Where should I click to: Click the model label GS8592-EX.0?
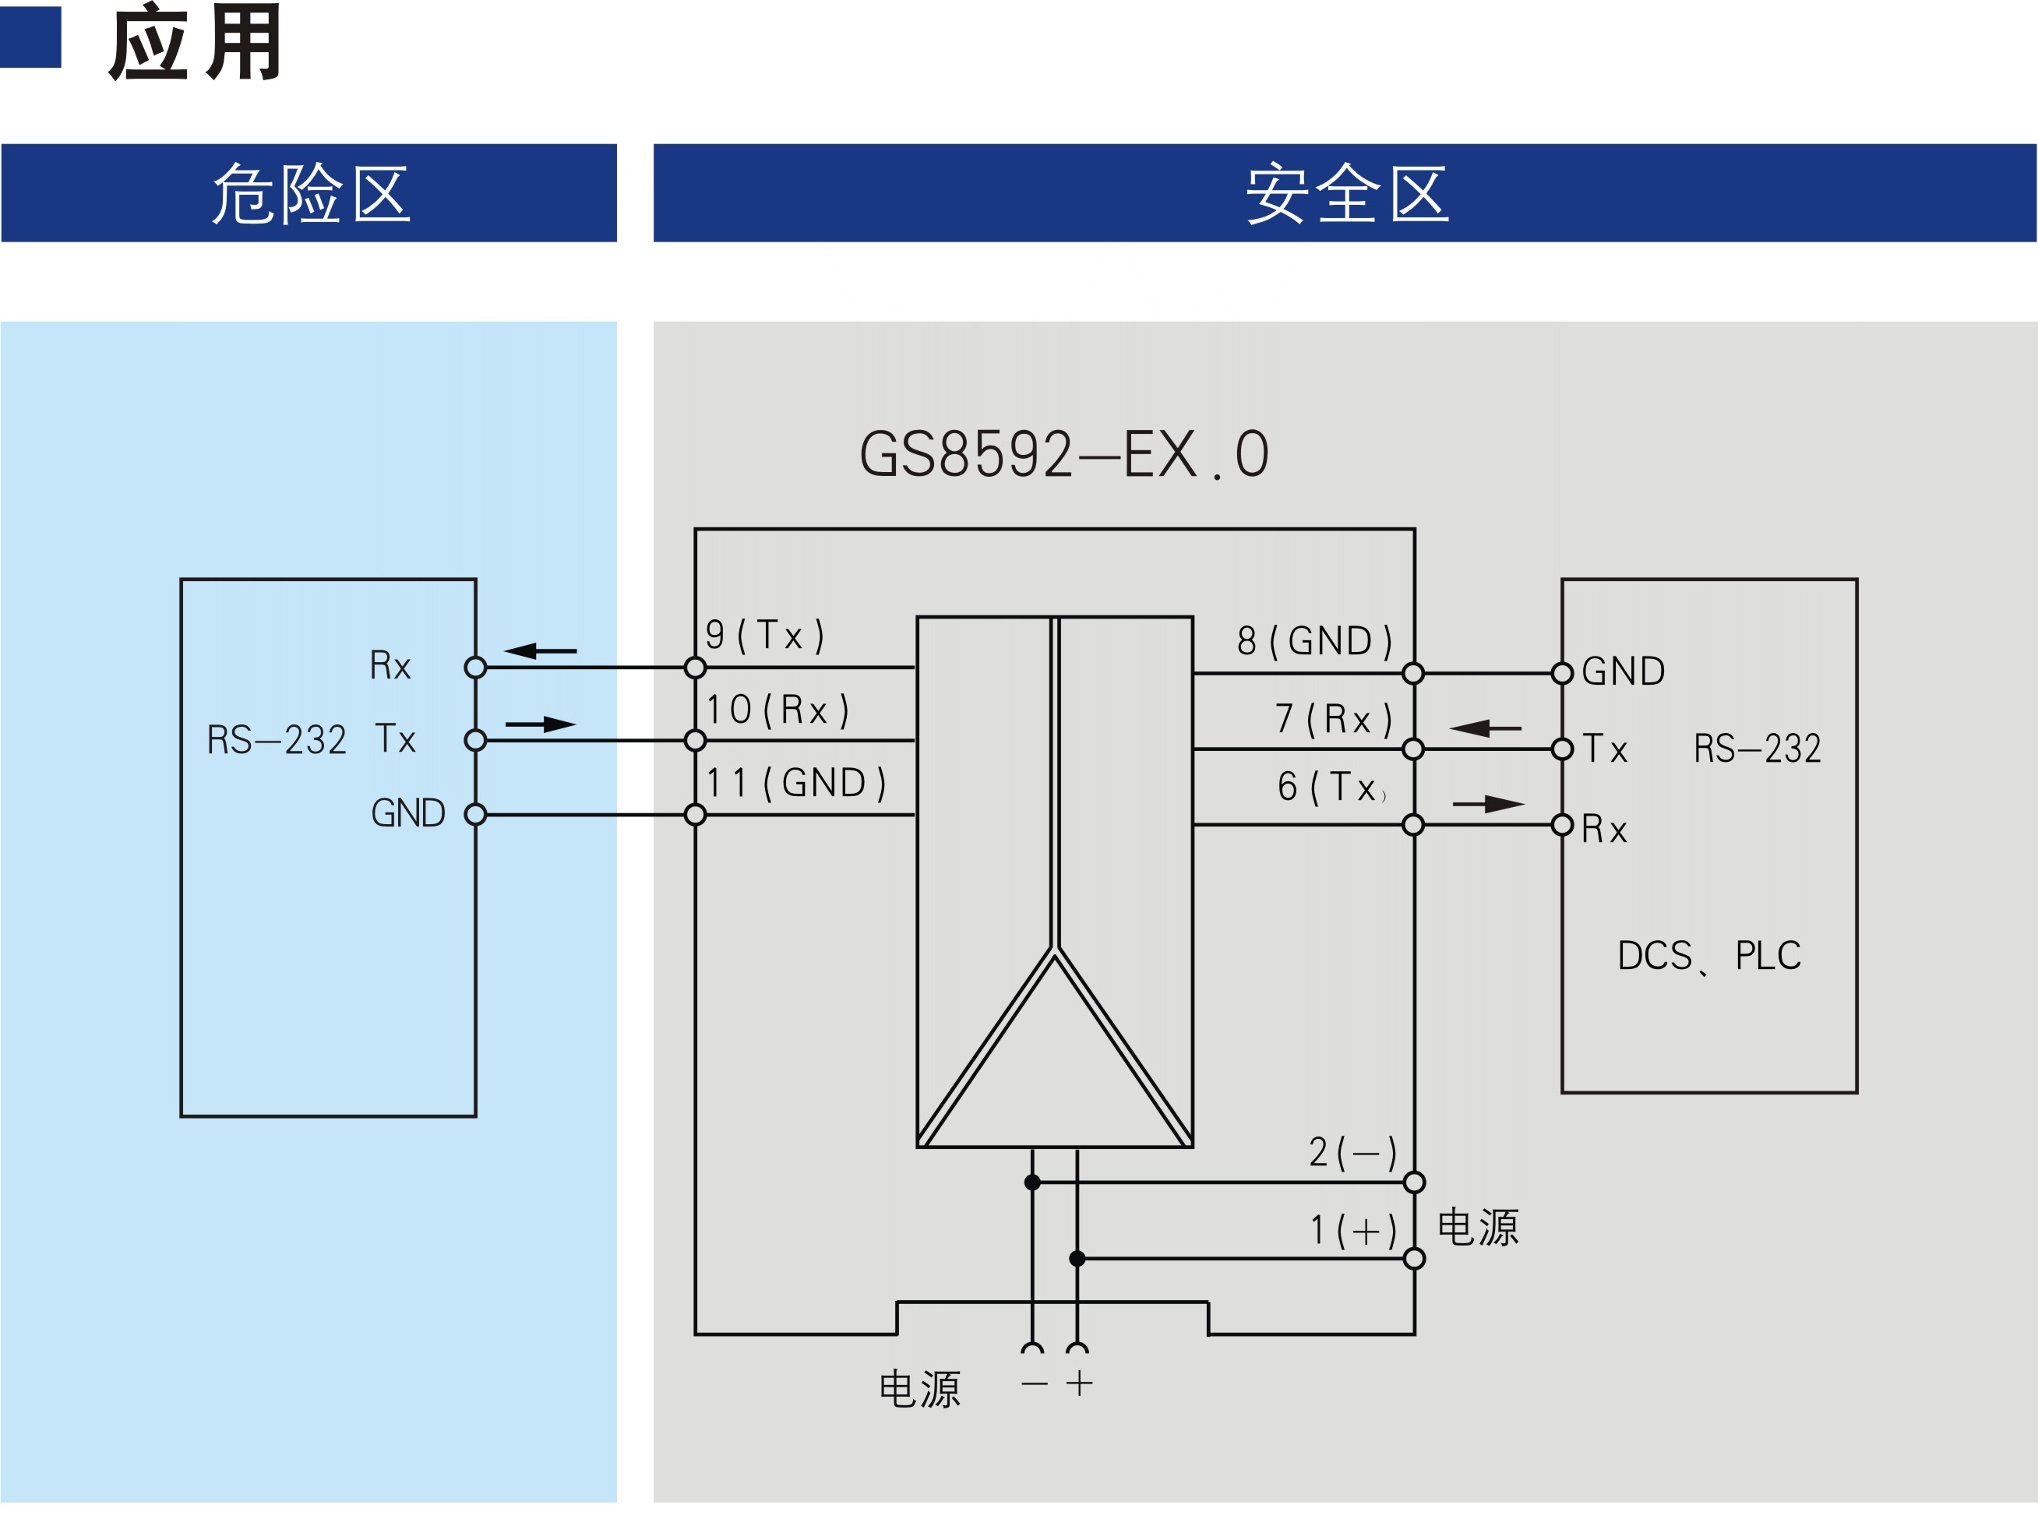(x=1064, y=454)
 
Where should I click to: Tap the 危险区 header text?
(x=311, y=193)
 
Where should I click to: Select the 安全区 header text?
(x=1347, y=193)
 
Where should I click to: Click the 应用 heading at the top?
(x=196, y=42)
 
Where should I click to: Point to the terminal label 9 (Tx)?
(x=765, y=635)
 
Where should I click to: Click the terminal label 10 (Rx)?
(x=777, y=710)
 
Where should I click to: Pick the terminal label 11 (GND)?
(x=796, y=784)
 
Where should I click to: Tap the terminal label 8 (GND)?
(x=1315, y=641)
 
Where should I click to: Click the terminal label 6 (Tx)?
(x=1332, y=787)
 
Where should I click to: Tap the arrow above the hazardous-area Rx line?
(x=540, y=651)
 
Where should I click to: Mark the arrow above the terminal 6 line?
(x=1489, y=804)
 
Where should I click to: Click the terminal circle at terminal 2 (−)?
(x=1414, y=1182)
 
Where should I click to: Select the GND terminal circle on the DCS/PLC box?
(x=1563, y=674)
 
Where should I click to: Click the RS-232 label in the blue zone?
(x=277, y=740)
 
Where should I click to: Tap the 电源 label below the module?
(x=919, y=1388)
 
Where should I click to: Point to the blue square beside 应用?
(x=30, y=37)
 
